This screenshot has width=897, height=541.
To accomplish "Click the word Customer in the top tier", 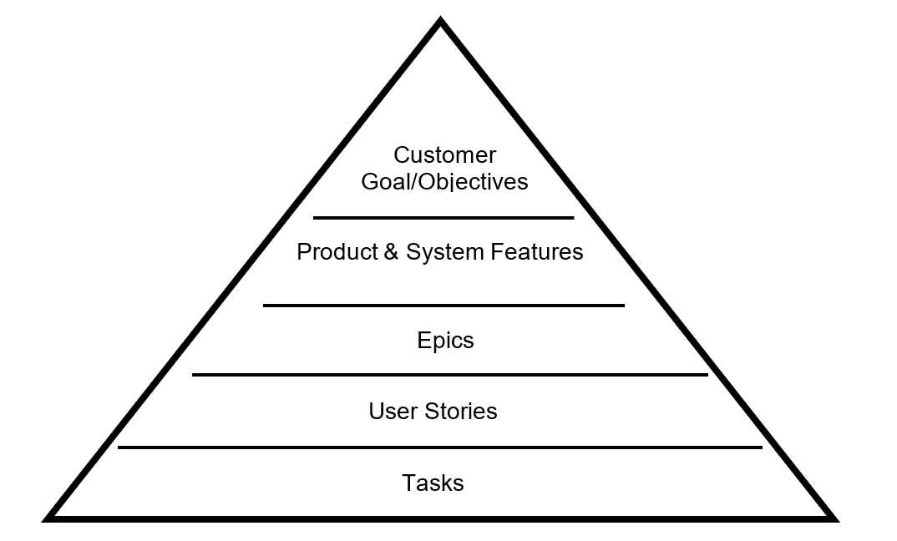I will [444, 155].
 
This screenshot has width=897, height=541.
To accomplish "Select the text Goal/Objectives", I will [444, 181].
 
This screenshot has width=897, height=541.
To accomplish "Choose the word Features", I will [537, 252].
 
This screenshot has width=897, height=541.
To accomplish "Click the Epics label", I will [445, 341].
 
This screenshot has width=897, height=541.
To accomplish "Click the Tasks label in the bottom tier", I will [433, 483].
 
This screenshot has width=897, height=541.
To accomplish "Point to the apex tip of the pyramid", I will [441, 20].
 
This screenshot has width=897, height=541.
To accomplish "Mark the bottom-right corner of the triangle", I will [834, 518].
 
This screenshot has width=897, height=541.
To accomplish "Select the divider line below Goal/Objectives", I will [443, 218].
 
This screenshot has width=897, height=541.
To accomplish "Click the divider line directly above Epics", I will [443, 306].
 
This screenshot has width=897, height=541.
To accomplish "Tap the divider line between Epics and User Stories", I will [449, 375].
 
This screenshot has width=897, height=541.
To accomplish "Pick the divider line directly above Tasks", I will [440, 447].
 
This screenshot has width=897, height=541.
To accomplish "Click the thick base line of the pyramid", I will [441, 518].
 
